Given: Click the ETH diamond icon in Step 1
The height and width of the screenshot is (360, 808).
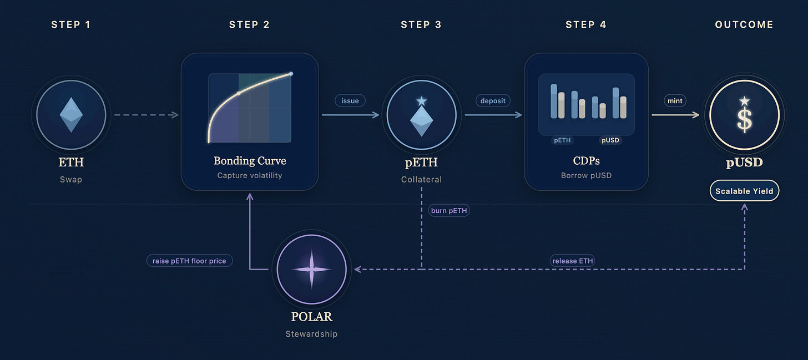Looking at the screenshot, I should click(x=71, y=115).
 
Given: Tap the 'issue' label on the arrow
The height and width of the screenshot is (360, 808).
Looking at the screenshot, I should click(x=350, y=101).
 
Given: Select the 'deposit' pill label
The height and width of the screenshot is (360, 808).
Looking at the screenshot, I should click(x=493, y=101).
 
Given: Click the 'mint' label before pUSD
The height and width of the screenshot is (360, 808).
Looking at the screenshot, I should click(x=675, y=101).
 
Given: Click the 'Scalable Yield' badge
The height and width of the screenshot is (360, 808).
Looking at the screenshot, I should click(x=744, y=191).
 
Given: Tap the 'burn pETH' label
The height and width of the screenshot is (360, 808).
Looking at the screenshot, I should click(x=449, y=211).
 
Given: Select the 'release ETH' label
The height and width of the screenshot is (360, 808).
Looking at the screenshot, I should click(x=573, y=261).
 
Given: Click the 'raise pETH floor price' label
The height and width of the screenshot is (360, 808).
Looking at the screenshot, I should click(x=189, y=261).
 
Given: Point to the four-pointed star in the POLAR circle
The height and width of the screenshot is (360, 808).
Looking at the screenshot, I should click(x=311, y=269).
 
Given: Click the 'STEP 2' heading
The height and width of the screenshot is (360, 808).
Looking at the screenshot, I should click(x=249, y=24).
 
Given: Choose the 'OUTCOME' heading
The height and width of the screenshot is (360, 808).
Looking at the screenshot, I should click(x=744, y=24).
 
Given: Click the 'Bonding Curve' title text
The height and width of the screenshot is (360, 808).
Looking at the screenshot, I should click(x=250, y=161).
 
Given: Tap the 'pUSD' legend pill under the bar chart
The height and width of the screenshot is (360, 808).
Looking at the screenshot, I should click(x=610, y=140).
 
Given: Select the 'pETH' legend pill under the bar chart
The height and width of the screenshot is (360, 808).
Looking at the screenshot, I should click(x=562, y=140).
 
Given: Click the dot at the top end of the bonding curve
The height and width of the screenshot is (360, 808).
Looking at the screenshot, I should click(x=291, y=74).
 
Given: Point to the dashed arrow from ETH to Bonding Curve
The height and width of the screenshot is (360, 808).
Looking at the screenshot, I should click(x=145, y=115).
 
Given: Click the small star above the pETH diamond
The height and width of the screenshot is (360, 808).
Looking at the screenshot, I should click(x=421, y=101).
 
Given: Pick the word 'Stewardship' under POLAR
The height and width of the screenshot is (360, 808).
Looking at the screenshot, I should click(x=311, y=334).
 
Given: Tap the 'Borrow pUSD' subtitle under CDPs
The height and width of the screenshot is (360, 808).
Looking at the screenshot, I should click(x=586, y=175).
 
